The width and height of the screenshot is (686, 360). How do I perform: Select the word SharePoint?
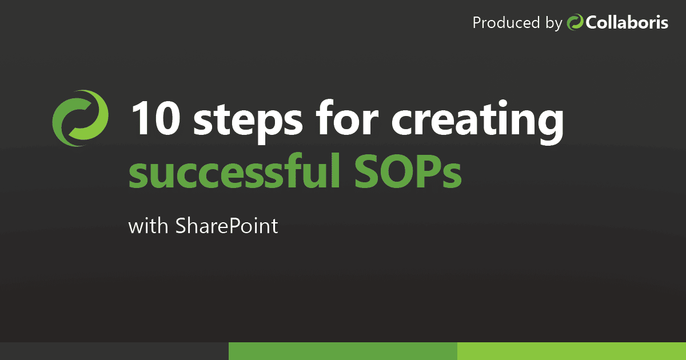227,226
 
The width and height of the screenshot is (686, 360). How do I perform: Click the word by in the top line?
554,24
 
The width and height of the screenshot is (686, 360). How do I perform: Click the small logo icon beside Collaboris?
575,23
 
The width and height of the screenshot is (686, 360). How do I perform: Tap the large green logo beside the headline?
80,118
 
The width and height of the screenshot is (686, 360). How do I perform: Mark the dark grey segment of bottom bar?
114,351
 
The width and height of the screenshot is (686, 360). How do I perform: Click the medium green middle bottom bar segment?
343,351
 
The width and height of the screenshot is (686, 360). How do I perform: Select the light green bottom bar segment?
572,351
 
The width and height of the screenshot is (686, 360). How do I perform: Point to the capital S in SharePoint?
181,226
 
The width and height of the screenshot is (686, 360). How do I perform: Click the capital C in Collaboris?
591,23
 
